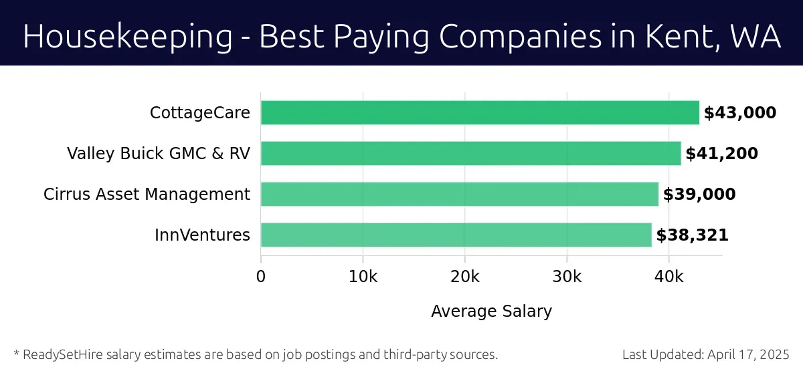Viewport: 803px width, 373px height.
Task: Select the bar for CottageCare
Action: tap(479, 113)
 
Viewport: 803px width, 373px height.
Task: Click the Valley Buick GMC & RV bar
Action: tap(470, 154)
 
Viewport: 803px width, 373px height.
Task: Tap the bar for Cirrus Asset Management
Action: tap(459, 195)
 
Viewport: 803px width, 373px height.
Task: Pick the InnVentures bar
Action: tap(456, 235)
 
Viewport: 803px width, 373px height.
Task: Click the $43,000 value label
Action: tap(739, 113)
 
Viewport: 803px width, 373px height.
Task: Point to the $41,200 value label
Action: tap(721, 154)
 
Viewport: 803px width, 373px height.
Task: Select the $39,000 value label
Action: tap(699, 195)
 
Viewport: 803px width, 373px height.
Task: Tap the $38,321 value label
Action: tap(692, 235)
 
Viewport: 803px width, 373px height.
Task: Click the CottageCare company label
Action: tap(200, 113)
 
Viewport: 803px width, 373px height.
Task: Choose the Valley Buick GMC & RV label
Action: tap(159, 154)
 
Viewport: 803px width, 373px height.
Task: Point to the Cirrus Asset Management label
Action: tap(147, 195)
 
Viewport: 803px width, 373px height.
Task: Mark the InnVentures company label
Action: tap(202, 235)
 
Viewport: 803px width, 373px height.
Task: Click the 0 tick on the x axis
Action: tap(261, 276)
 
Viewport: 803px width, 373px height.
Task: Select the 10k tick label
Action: tap(363, 276)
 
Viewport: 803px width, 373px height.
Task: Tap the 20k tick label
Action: tap(465, 276)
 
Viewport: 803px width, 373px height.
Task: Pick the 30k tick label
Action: tap(567, 276)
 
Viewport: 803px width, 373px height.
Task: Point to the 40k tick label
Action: tap(669, 276)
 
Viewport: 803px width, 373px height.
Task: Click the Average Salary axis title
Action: tap(491, 312)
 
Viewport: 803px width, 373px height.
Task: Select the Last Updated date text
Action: tap(705, 354)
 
